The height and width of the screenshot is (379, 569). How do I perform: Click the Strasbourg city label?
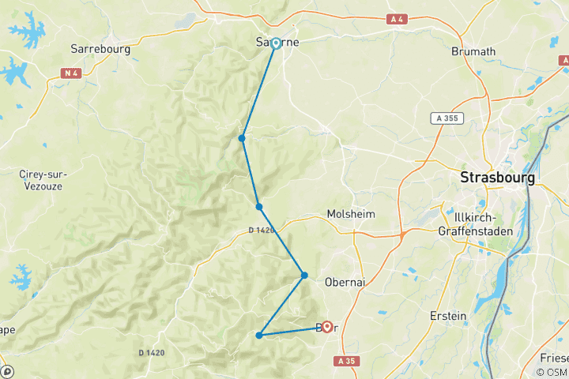tap(497, 178)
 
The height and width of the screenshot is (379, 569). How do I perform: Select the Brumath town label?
tap(473, 52)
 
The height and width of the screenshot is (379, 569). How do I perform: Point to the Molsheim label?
tap(350, 215)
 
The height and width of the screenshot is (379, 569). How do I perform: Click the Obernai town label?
tap(345, 282)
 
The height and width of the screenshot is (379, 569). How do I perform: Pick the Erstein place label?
tap(448, 316)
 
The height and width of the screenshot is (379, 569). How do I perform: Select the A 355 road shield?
tap(447, 118)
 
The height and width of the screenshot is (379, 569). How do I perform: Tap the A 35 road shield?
tap(345, 361)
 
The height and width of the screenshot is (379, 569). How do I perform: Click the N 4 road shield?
tap(72, 73)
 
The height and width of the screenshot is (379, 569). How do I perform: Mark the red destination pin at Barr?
tap(326, 326)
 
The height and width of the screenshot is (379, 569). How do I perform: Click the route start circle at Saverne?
tap(276, 43)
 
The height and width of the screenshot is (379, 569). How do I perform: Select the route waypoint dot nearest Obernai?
tap(304, 276)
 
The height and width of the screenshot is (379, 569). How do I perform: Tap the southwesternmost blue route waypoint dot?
tap(259, 336)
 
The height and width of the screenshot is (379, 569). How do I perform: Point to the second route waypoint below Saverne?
tap(259, 207)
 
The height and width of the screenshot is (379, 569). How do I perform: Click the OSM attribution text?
tap(551, 372)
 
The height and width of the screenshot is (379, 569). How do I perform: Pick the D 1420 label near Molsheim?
tap(261, 231)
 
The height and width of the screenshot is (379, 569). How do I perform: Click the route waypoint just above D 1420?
tap(259, 207)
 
